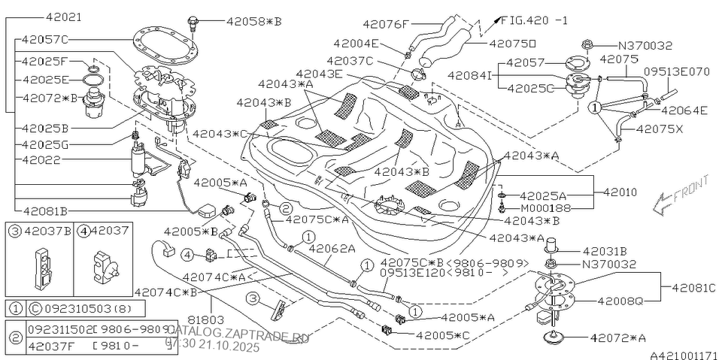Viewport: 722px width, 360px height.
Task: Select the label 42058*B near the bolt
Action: (x=253, y=22)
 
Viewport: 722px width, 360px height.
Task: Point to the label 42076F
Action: (x=384, y=23)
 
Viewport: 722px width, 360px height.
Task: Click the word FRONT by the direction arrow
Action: (x=688, y=192)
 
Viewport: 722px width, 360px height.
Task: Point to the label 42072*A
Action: (x=619, y=338)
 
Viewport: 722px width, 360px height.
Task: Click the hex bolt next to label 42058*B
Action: (x=193, y=22)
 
